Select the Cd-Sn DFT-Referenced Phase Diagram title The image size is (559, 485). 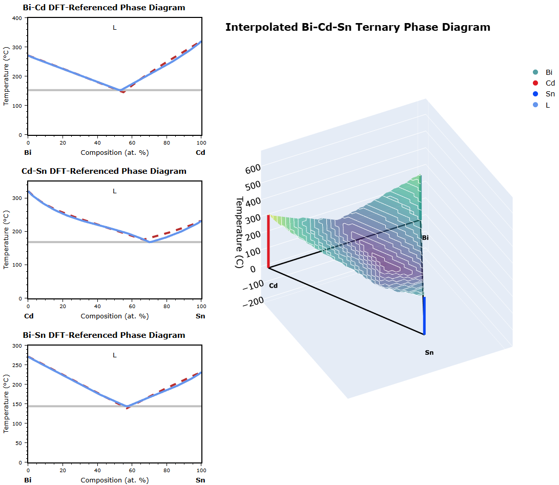104,171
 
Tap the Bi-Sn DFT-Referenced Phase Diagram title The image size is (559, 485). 104,335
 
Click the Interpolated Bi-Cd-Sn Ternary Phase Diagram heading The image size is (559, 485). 358,27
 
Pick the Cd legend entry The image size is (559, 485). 549,84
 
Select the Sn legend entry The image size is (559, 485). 549,94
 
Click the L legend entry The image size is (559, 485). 547,105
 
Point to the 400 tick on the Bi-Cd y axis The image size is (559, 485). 17,18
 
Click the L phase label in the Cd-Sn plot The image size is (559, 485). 115,191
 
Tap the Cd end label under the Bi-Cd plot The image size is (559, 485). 200,153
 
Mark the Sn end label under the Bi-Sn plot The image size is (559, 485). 200,480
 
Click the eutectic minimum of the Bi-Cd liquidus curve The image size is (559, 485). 121,91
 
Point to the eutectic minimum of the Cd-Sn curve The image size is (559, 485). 149,241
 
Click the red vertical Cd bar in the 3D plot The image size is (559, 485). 268,241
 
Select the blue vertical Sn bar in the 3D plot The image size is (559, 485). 424,315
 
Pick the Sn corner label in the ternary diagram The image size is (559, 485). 429,353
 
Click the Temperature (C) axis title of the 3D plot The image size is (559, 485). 239,232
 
